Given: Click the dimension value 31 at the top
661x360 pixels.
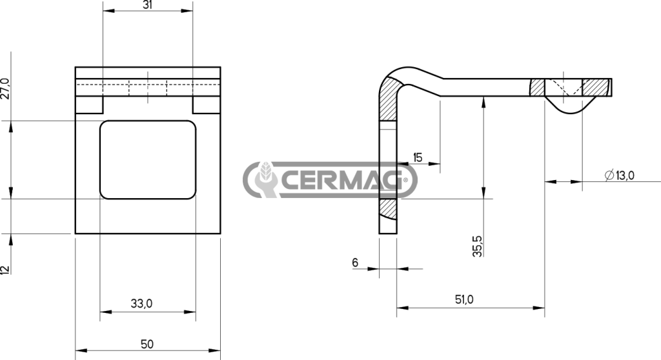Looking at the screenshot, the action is click(147, 5).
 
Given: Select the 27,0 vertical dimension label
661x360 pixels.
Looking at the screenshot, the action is click(5, 88).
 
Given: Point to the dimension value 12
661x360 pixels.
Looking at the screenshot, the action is click(5, 270).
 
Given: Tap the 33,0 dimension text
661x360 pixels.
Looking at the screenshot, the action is click(141, 303).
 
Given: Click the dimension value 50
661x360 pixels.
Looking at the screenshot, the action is click(147, 344).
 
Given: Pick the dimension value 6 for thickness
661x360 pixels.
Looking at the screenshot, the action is click(355, 262).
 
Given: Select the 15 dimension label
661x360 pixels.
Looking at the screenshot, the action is click(418, 157).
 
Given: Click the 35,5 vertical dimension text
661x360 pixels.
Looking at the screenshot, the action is click(477, 246).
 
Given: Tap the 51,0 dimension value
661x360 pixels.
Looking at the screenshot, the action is click(464, 299).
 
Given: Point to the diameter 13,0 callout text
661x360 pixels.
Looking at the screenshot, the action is click(619, 175).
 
